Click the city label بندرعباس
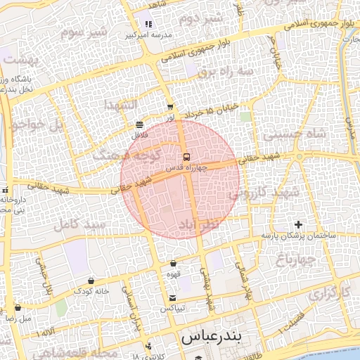click(211, 337)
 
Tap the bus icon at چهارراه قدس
click(186, 157)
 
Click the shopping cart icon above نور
click(170, 108)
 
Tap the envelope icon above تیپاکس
click(172, 297)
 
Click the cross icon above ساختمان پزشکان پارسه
click(300, 224)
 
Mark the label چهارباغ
click(302, 259)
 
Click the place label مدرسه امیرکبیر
click(145, 34)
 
